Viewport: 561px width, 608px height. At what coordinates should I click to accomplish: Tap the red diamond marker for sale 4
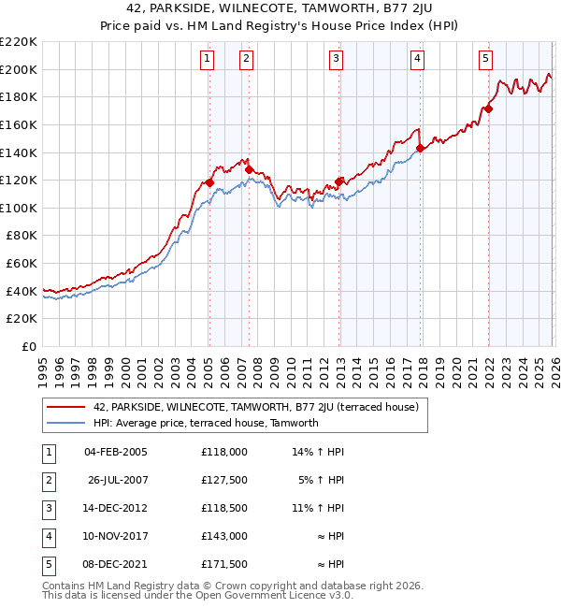(421, 148)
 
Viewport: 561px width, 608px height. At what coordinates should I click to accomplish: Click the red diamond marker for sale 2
(249, 169)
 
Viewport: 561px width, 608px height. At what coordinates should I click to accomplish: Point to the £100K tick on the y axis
(19, 208)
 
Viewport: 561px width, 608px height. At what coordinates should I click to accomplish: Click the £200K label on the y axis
(19, 69)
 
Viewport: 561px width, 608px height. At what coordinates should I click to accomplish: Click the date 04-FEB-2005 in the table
(115, 452)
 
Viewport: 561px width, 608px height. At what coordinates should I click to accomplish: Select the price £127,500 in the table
(223, 480)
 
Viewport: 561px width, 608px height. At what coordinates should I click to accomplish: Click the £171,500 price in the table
(223, 564)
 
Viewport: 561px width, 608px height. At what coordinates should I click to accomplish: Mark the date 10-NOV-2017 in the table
(115, 536)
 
